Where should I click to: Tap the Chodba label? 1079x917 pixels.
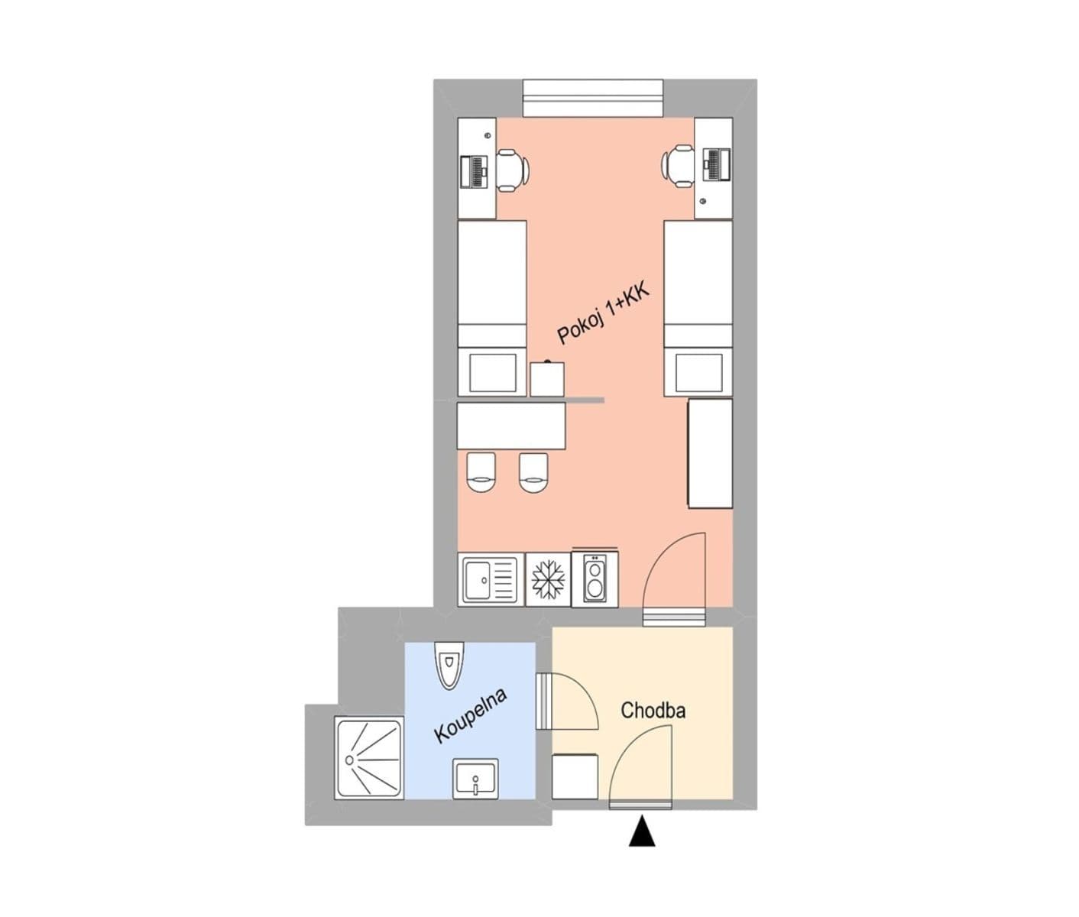tap(653, 711)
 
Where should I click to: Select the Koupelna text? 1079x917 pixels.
tap(471, 715)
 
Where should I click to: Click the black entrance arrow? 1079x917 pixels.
tap(642, 831)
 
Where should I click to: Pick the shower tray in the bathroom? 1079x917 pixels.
tap(368, 757)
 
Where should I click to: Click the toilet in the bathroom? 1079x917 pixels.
tap(449, 663)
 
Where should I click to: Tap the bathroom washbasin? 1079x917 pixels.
tap(475, 779)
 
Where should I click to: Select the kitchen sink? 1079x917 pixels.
tap(490, 580)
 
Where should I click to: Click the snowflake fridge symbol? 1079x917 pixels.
tap(548, 580)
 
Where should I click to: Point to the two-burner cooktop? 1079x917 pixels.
tap(595, 579)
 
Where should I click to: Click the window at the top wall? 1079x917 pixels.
tap(592, 98)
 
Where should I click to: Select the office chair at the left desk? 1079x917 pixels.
tap(511, 169)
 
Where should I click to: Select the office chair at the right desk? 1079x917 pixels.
tap(679, 166)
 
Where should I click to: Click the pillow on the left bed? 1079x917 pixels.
tap(492, 372)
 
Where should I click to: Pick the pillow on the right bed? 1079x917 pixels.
tap(698, 372)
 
